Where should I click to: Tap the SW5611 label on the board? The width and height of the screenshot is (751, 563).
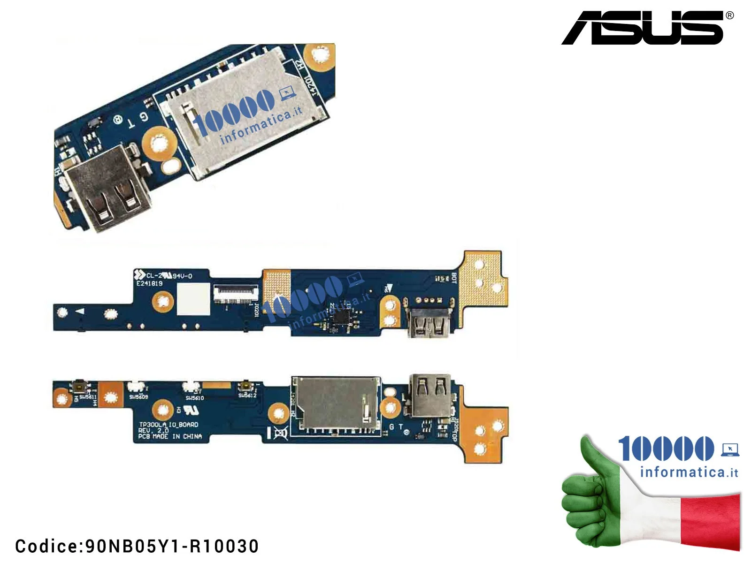click(x=87, y=397)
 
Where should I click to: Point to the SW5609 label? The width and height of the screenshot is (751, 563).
click(x=138, y=397)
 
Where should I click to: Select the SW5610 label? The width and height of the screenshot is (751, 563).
click(x=194, y=398)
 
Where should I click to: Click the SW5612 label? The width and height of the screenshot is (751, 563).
click(x=247, y=396)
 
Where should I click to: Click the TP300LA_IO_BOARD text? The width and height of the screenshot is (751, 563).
click(x=169, y=425)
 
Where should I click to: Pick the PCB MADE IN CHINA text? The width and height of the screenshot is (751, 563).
click(x=170, y=436)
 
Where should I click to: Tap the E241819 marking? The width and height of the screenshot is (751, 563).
click(x=149, y=284)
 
